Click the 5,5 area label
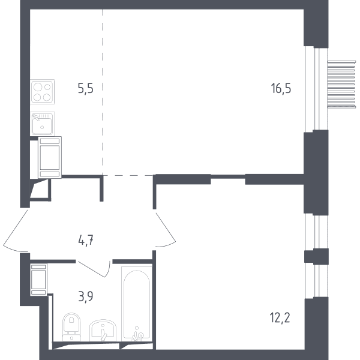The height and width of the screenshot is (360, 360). (x=86, y=89)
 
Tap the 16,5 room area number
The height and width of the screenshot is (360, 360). (x=281, y=88)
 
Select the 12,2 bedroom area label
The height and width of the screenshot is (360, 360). (x=280, y=318)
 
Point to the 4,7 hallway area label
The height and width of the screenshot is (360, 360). (x=86, y=241)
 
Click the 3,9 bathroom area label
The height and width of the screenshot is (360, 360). (x=86, y=296)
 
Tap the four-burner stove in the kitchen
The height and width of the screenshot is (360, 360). (x=43, y=92)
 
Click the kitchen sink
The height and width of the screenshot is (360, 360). (x=43, y=124)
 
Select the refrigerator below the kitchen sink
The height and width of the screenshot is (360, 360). (x=50, y=157)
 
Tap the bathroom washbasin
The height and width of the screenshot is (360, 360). (x=103, y=330)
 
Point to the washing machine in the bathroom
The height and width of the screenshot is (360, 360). (x=38, y=280)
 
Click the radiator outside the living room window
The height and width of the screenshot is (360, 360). (x=341, y=84)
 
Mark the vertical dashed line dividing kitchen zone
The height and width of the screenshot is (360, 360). (x=103, y=92)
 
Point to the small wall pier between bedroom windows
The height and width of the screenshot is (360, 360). (x=316, y=256)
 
